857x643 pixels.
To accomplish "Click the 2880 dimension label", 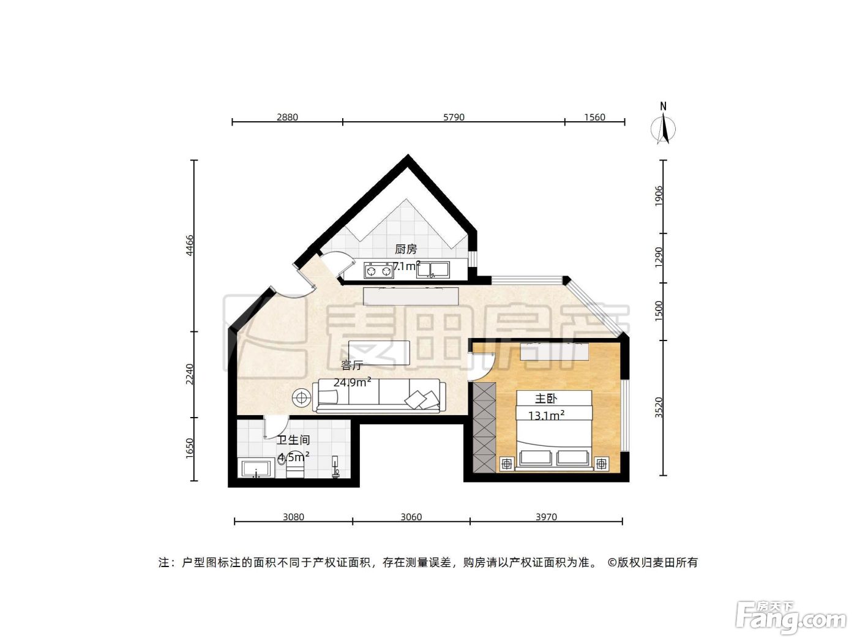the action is coord(287,117).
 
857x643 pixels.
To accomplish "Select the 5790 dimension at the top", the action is coord(454,117).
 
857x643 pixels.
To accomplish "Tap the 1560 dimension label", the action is coord(594,117).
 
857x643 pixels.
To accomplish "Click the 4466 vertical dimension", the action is coord(189,245).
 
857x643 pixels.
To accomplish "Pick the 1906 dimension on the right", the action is coord(659,196).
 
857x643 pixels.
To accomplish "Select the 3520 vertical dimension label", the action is coord(659,407).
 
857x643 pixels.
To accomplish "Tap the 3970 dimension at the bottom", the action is coord(546,517).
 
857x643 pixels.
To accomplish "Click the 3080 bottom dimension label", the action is coord(293,517).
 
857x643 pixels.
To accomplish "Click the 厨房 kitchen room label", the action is coord(406,249).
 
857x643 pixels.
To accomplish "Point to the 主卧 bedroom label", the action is coord(545,399).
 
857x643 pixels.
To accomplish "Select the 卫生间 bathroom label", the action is coord(293,440).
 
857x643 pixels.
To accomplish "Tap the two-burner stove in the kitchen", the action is coord(378,270).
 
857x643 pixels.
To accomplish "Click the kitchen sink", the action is coord(433,270).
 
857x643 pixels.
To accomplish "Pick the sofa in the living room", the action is coord(379,395).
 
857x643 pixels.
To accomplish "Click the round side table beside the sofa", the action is coord(301,397).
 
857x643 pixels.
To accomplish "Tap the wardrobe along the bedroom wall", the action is coord(485,427).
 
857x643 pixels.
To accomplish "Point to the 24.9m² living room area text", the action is coord(352,382).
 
